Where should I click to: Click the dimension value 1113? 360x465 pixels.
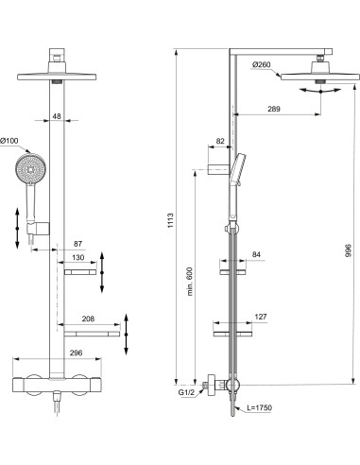[170, 219]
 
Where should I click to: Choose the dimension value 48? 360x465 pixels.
[56, 117]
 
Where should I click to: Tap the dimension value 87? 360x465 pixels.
[77, 243]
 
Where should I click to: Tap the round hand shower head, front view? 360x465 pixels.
[30, 172]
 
